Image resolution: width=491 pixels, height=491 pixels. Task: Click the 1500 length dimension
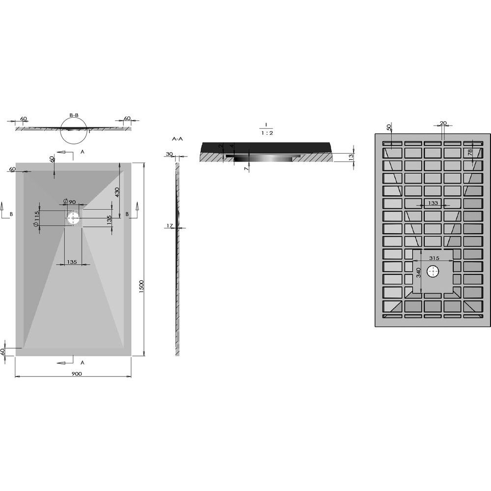point(141,287)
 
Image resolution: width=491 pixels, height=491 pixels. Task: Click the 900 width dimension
point(77,374)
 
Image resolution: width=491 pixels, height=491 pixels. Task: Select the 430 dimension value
point(117,193)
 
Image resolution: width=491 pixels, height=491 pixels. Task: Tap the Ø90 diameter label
point(70,202)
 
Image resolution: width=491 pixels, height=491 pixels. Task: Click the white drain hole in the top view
point(73,218)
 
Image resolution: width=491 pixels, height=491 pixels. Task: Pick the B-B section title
point(74,115)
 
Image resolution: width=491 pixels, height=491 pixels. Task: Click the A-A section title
point(178,139)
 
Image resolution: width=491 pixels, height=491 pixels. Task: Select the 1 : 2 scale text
point(267,133)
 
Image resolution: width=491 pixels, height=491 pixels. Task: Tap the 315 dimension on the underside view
point(434,258)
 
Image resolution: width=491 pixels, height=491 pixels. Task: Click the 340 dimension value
point(418,273)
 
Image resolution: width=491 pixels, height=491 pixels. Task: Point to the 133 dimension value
point(433,203)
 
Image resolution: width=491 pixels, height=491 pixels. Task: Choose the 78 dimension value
point(478,153)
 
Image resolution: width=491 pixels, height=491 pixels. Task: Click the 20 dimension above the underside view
point(443,123)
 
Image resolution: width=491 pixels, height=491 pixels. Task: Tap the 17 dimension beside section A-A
point(169,225)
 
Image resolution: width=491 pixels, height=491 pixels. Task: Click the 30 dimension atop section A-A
point(169,154)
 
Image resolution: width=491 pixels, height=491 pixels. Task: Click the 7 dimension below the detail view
point(246,169)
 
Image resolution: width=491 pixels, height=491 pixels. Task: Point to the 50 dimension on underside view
point(389,128)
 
